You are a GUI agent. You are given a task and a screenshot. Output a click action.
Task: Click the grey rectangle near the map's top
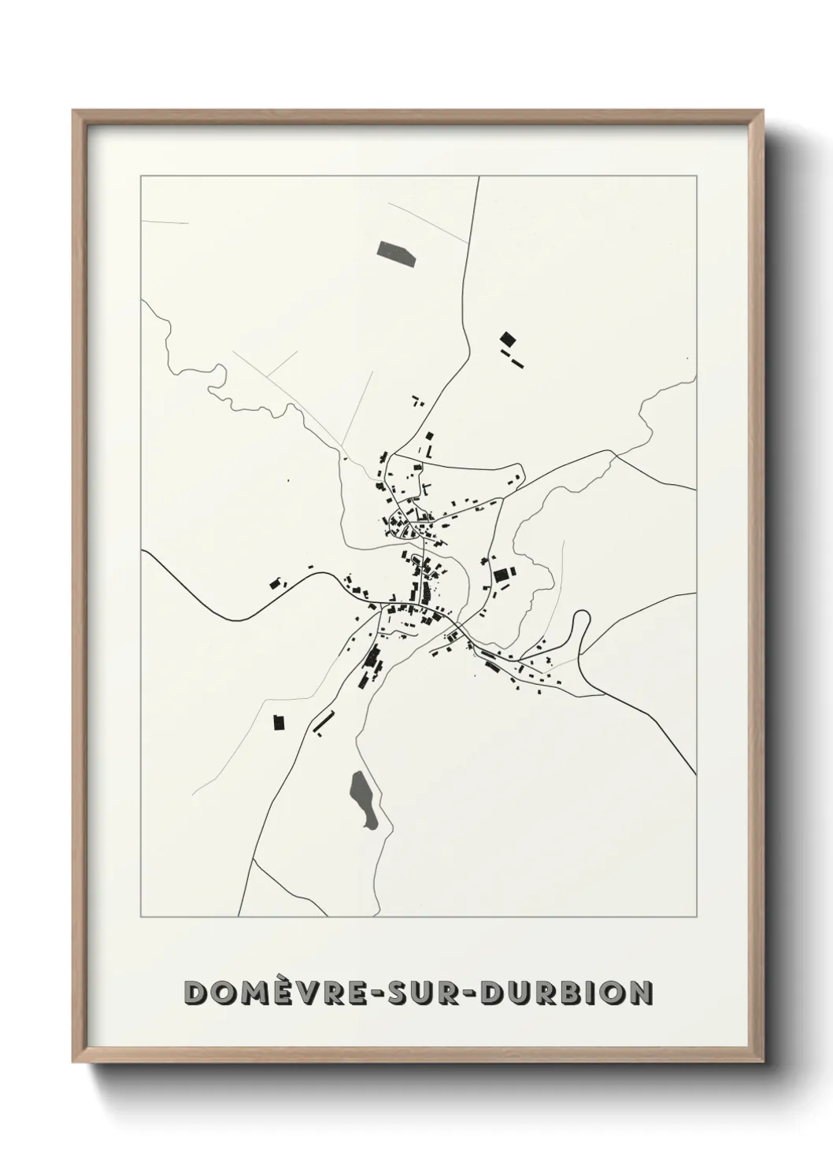coord(395,250)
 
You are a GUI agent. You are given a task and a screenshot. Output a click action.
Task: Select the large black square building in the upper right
coord(508,339)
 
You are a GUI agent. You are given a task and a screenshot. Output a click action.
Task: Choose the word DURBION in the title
coord(565,993)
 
